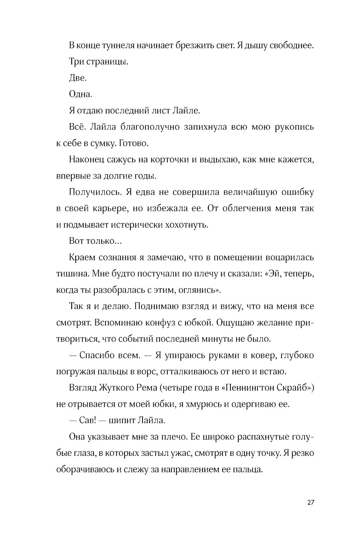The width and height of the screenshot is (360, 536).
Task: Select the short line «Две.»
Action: [x=77, y=78]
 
